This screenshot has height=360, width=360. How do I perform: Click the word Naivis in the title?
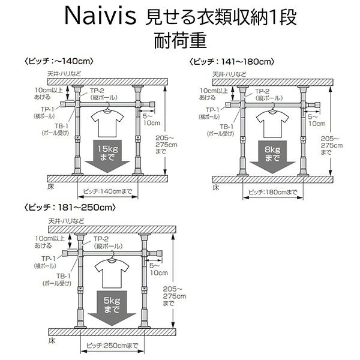[x=100, y=16]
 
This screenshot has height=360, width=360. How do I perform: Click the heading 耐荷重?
[x=180, y=40]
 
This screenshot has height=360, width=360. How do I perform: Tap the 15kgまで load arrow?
[x=107, y=156]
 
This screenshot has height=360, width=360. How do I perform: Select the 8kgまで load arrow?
[x=272, y=157]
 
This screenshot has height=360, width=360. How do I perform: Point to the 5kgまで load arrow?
[x=112, y=308]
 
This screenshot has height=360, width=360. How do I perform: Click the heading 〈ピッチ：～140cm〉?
[x=59, y=61]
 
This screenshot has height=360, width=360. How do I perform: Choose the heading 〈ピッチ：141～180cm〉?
[x=232, y=62]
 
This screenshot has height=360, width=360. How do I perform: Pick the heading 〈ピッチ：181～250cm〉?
[x=70, y=208]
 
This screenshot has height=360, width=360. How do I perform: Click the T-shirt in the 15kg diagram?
[x=107, y=124]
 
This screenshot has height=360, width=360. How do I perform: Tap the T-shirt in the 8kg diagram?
[x=272, y=124]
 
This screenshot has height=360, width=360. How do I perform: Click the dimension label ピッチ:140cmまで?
[x=107, y=191]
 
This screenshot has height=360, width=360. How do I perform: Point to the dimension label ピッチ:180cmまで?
[x=273, y=192]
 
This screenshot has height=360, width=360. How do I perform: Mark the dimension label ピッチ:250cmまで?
[x=112, y=346]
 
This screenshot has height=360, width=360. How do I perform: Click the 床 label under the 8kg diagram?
[x=216, y=187]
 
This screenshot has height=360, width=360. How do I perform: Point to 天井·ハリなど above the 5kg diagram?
[x=67, y=221]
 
